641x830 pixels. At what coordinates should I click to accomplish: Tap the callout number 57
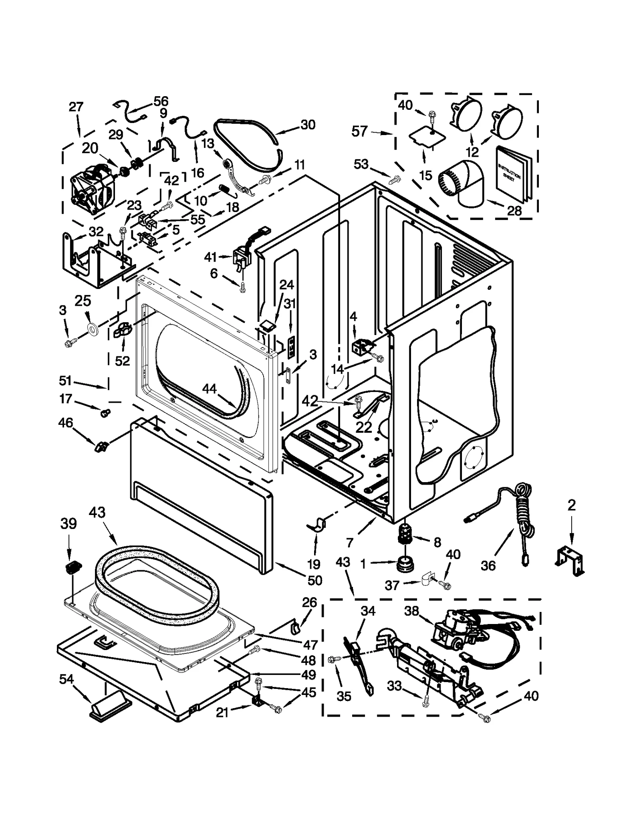click(359, 131)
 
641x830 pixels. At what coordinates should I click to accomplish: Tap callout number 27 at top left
click(76, 107)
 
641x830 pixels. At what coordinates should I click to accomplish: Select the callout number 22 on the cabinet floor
click(364, 427)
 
